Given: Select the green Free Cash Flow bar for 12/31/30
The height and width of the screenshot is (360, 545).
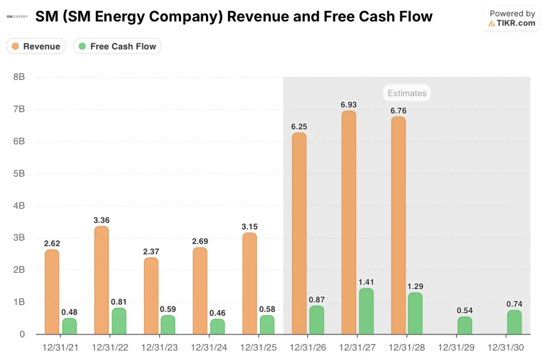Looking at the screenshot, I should click(514, 322).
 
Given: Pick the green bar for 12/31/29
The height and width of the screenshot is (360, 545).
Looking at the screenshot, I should click(465, 325).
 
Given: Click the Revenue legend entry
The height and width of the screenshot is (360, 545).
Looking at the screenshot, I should click(36, 46).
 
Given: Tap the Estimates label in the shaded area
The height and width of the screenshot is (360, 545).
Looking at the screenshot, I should click(407, 93).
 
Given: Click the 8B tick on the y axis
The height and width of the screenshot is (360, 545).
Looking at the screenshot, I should click(19, 77).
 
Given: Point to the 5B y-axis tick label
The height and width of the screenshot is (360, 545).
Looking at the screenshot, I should click(19, 174).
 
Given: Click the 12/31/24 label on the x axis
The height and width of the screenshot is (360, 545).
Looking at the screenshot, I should click(209, 347).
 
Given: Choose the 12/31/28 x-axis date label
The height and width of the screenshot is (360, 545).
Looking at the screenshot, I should click(407, 347).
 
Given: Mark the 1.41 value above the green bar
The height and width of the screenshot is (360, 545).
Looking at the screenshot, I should click(366, 282).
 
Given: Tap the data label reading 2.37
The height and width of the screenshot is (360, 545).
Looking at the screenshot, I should click(151, 251).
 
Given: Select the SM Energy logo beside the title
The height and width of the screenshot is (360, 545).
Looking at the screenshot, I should click(18, 17).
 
